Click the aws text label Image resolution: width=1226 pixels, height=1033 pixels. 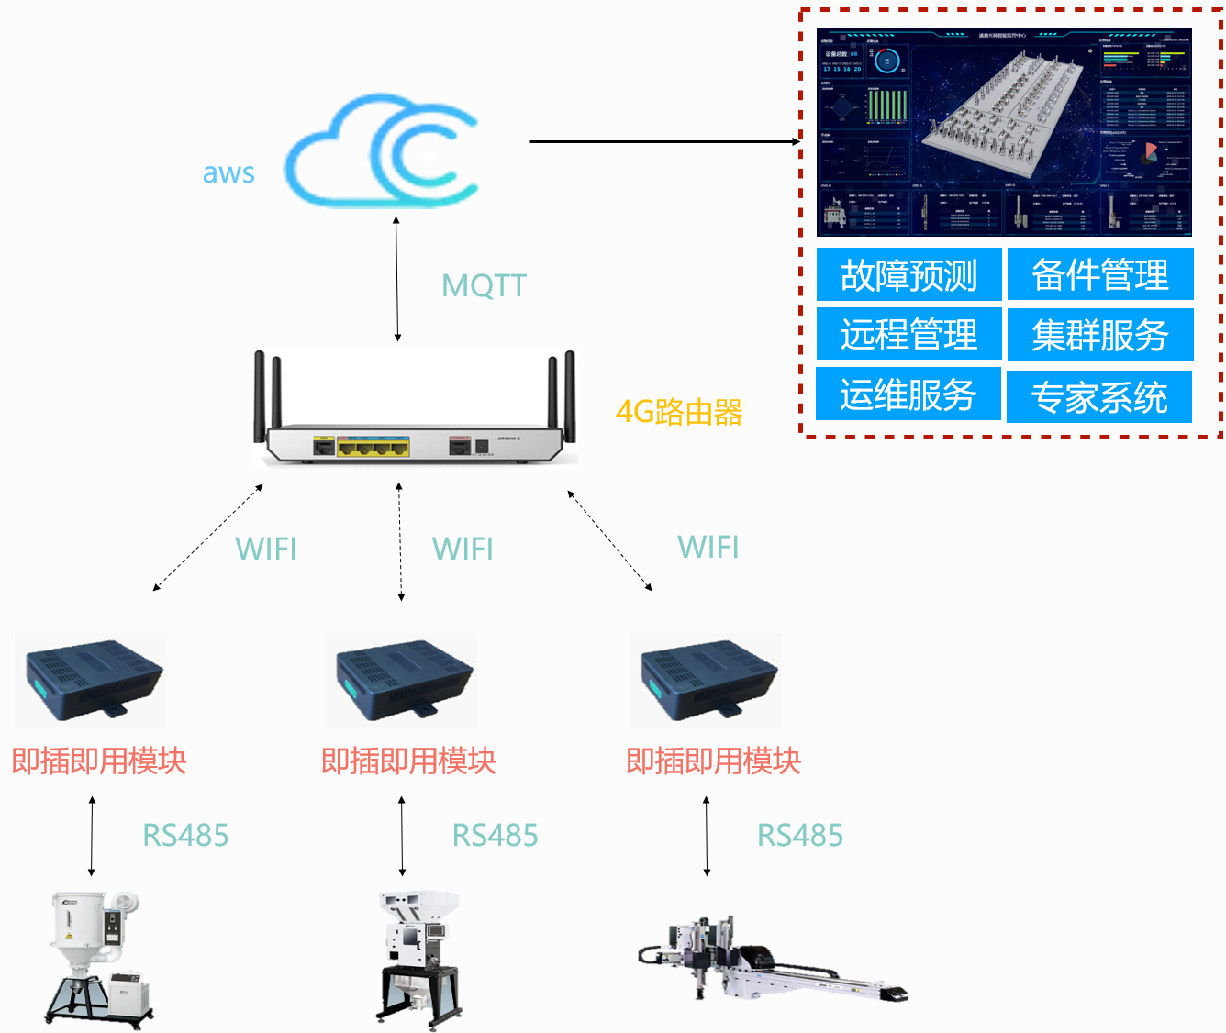click(228, 172)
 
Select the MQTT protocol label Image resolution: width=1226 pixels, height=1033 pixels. click(484, 285)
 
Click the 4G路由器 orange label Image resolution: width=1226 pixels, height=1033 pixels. click(679, 412)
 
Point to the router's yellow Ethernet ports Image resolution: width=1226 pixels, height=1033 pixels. click(373, 447)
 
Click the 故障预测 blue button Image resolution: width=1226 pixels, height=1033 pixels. click(908, 274)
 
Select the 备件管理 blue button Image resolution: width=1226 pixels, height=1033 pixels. click(1100, 274)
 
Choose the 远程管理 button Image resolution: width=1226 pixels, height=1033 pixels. click(908, 334)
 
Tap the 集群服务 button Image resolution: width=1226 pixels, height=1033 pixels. click(1100, 335)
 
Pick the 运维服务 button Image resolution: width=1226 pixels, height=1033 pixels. click(908, 394)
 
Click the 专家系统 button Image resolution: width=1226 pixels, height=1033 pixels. click(1099, 397)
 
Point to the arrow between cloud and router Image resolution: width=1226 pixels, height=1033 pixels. click(397, 279)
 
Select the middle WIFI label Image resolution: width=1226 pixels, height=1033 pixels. click(463, 549)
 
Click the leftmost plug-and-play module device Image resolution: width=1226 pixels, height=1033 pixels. click(93, 680)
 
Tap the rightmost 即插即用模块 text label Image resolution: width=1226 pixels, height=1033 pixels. click(714, 761)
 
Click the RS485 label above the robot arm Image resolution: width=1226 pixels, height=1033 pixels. click(800, 835)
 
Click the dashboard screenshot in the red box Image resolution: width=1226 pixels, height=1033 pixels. click(1004, 132)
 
